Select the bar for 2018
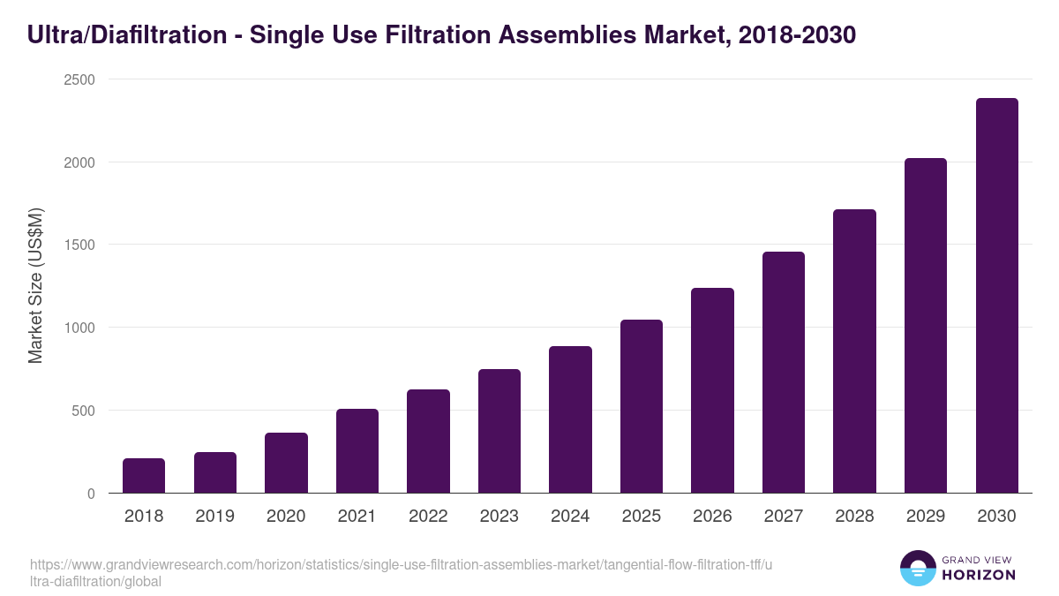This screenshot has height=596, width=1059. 144,476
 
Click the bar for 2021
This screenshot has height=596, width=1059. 357,451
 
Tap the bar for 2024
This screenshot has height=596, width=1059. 570,419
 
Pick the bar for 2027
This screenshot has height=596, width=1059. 784,373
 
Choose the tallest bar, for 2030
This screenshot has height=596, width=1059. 996,296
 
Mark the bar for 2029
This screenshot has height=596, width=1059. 926,326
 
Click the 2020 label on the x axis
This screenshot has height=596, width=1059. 286,517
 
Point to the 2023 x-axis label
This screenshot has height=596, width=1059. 499,517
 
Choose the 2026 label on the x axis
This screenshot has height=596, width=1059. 712,517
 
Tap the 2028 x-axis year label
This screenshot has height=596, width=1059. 854,517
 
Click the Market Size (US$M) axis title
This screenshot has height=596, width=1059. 35,285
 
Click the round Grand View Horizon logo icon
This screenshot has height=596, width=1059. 918,568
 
